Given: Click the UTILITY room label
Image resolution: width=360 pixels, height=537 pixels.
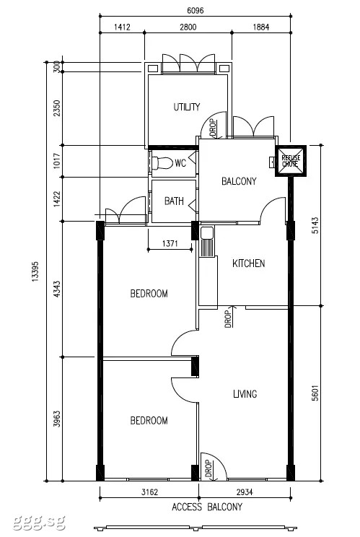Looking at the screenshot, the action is coord(187,107).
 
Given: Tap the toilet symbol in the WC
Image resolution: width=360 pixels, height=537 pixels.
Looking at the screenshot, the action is coord(162,163).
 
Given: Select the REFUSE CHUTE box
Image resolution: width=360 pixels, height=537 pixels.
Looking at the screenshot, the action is coord(291,161).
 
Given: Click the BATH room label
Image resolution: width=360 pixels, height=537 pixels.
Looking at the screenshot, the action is coord(174,201).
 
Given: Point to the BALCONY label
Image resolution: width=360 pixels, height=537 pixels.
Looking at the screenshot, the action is coord(239,181).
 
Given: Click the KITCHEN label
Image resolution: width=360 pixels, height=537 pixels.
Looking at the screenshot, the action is coord(248,263).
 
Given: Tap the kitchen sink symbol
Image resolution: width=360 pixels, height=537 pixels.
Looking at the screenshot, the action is coord(207,241).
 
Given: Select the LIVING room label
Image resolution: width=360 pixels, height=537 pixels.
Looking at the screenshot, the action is coord(245,394).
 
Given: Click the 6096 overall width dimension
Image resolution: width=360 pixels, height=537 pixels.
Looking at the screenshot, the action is coord(195,11).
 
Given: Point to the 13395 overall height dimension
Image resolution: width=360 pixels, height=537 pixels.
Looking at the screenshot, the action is coord(35,272).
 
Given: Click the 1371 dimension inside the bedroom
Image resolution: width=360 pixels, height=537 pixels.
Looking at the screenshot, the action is coord(170,243).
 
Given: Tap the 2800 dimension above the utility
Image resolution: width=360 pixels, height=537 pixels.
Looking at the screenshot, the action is coord(188,27).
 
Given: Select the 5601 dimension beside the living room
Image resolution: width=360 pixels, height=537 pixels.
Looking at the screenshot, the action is coord(315,393).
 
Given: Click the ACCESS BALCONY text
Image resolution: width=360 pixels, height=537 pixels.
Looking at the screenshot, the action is coord(206,507).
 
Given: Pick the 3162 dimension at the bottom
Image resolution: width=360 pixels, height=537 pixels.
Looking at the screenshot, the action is coord(149,492).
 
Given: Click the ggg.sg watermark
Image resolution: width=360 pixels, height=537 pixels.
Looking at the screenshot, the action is coord(39,523).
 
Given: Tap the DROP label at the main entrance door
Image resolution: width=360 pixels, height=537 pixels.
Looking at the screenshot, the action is coord(208,469).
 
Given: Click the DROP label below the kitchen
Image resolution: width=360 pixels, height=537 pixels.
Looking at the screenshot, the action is coord(228,318).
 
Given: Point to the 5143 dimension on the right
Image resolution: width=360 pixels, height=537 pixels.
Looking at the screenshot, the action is coord(315,225).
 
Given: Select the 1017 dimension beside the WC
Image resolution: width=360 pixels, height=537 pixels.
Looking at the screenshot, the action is coord(57,161).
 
